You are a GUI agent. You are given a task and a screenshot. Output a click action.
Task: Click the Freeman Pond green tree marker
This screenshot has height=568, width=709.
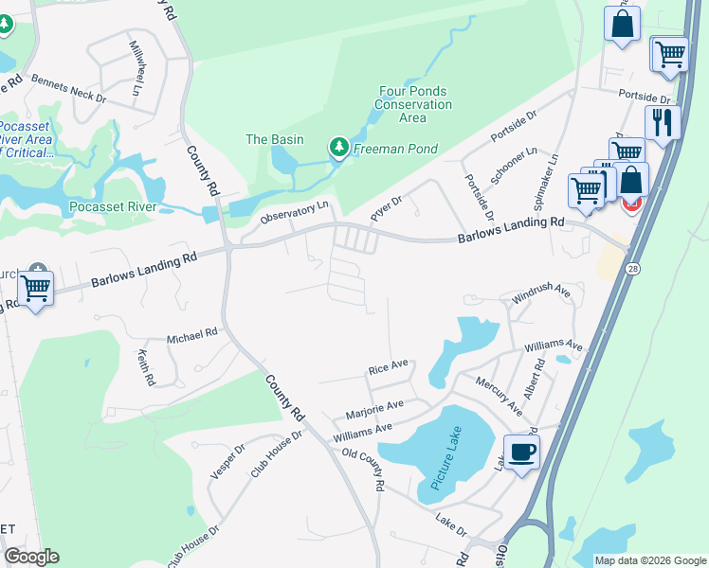point(338,147)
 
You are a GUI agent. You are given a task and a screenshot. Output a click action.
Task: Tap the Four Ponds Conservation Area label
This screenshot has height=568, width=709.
point(413,104)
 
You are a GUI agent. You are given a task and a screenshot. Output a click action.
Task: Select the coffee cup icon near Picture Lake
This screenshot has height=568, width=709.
point(520,452)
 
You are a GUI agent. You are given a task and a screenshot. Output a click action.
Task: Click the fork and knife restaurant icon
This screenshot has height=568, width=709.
point(662,122)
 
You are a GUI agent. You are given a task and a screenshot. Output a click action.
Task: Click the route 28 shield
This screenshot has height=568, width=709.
point(633,269)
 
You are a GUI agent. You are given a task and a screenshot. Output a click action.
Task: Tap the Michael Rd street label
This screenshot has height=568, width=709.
point(192,334)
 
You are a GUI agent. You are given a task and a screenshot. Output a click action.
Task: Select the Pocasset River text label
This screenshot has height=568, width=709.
point(113,206)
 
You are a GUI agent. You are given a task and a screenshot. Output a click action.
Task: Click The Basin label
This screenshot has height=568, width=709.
point(275,139)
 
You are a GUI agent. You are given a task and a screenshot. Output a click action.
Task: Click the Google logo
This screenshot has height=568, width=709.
point(31,557)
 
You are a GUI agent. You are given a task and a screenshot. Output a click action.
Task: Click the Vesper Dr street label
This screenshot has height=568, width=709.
point(227,461)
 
